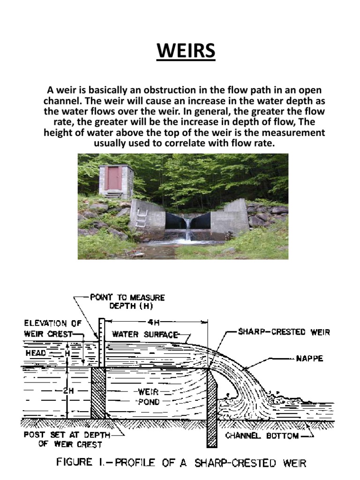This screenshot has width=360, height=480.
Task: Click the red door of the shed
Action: (x=114, y=178)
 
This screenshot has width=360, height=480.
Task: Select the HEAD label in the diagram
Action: (x=37, y=352)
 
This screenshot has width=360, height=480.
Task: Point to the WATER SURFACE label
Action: (x=145, y=335)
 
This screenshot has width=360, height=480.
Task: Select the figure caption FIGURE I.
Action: (x=181, y=464)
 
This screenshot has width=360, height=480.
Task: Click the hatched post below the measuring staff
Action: (x=98, y=393)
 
